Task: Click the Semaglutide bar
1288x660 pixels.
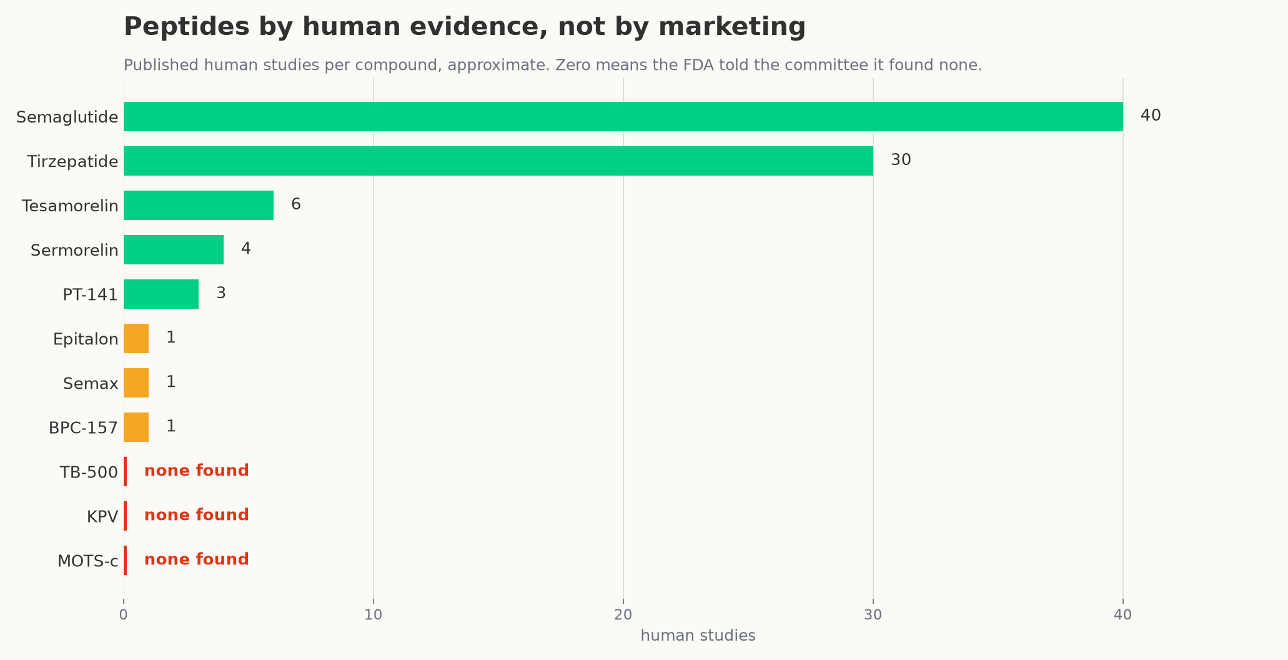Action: coord(623,116)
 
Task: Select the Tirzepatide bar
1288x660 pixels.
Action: coord(498,161)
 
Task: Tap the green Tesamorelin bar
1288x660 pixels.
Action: coord(199,205)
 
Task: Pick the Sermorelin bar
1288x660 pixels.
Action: coord(174,249)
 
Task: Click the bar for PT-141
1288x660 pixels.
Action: coord(161,294)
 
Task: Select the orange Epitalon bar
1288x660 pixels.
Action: coord(136,338)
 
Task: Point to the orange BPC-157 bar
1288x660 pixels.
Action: coord(136,427)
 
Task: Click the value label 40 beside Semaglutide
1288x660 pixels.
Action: coord(1151,116)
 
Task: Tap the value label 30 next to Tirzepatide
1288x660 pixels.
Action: coord(901,160)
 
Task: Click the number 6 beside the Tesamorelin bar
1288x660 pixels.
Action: coord(296,204)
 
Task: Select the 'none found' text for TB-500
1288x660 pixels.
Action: coord(197,471)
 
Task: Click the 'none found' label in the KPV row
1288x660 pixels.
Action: coord(197,515)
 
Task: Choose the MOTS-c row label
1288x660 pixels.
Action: coord(88,561)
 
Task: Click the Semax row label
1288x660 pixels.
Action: coord(91,384)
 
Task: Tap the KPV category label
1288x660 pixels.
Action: coord(102,517)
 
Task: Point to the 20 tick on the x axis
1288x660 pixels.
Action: coord(623,614)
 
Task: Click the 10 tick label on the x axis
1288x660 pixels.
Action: coord(373,614)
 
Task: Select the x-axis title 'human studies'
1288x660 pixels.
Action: coord(698,636)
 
